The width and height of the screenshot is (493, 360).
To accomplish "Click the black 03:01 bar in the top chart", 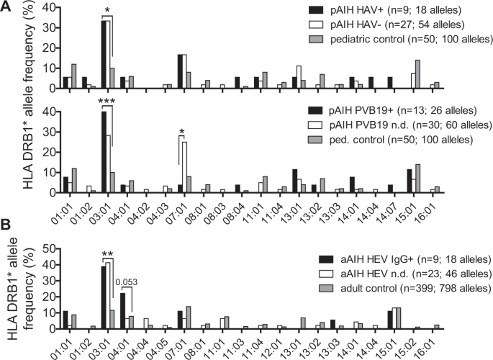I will point(104,54).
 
